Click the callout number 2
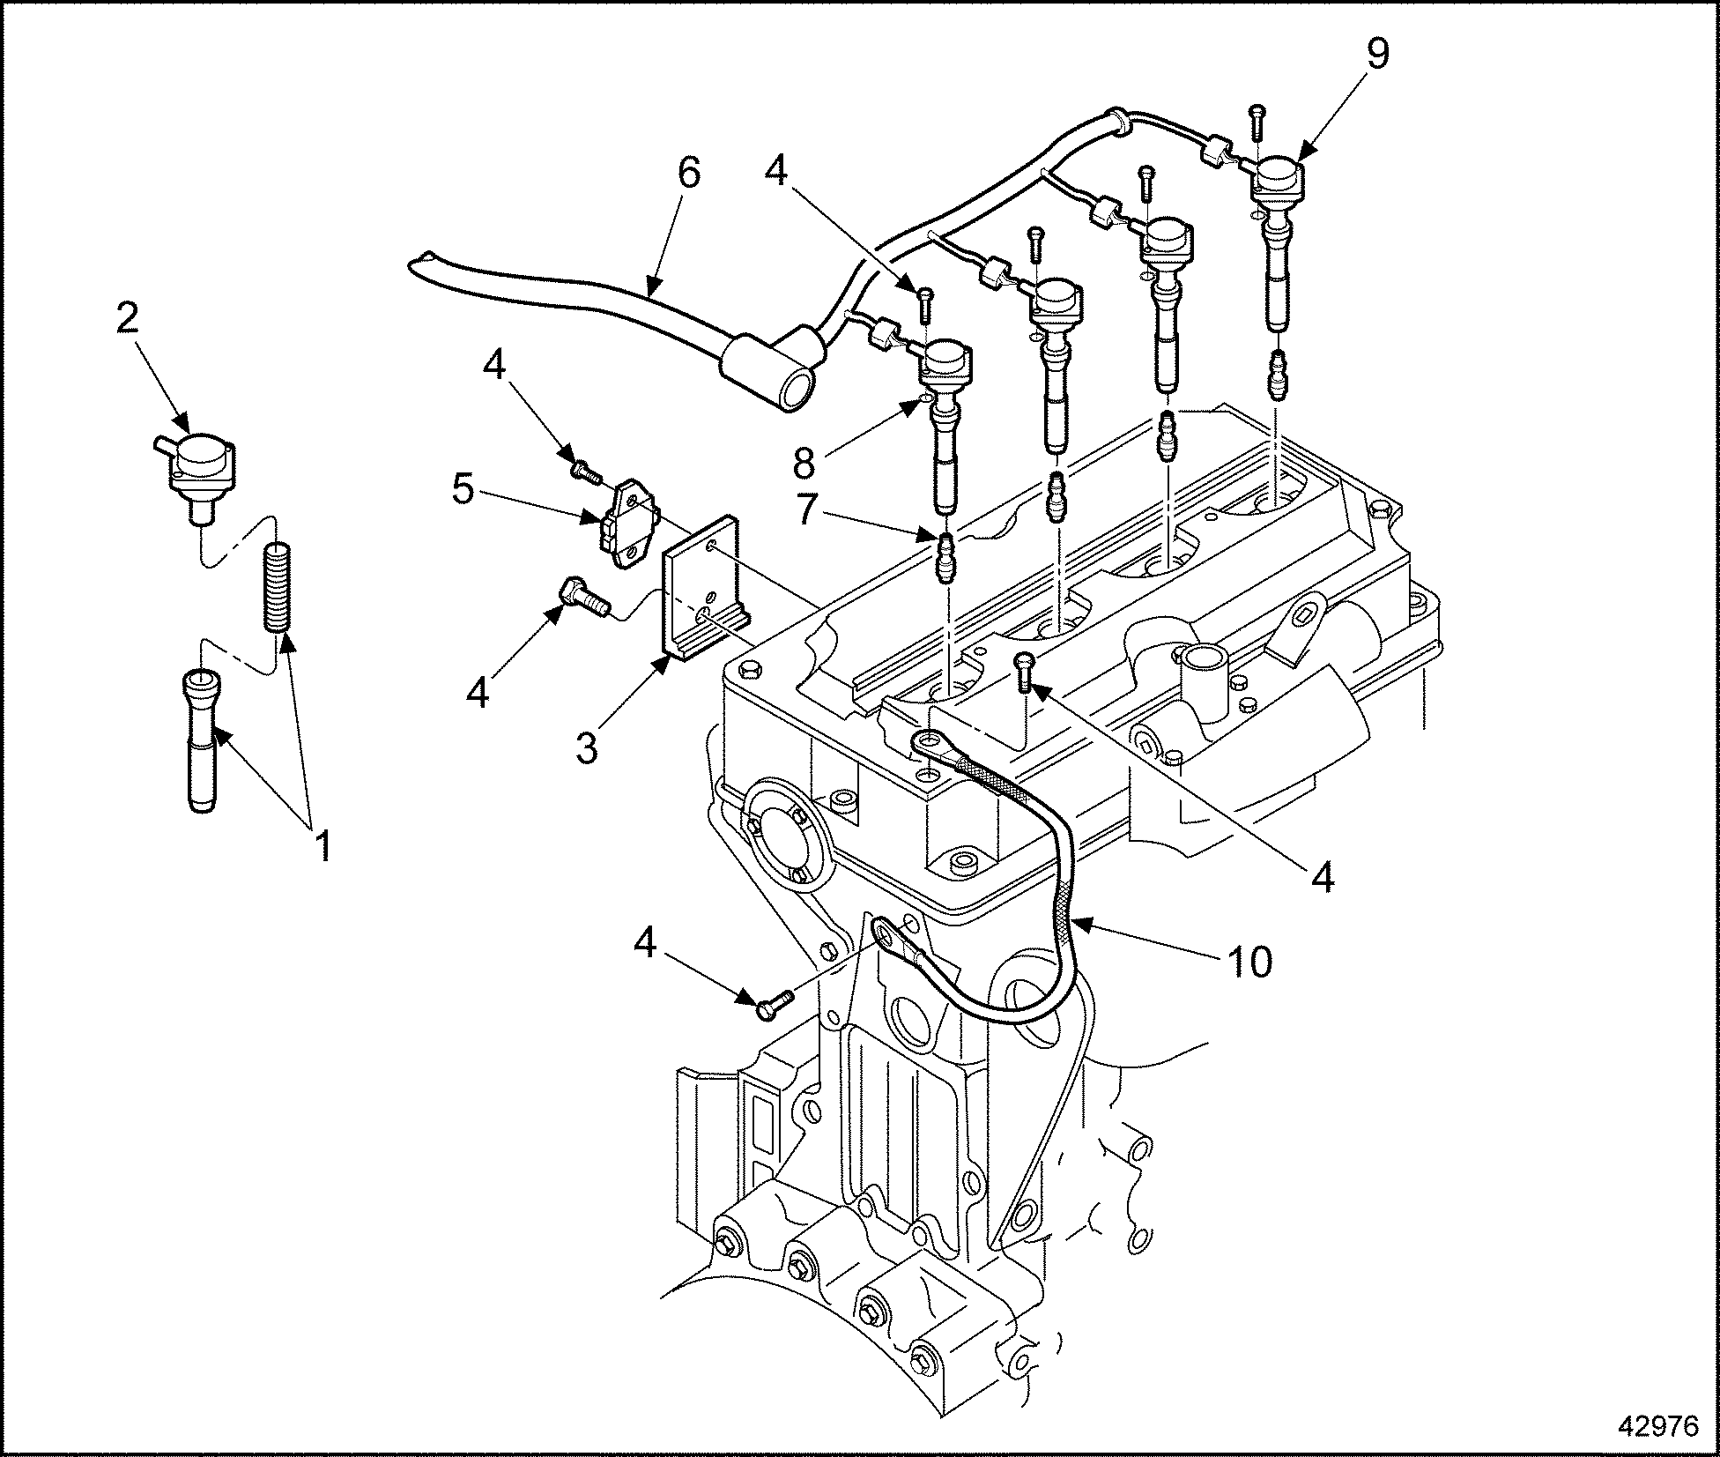(128, 319)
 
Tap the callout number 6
(688, 174)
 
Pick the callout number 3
(587, 747)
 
